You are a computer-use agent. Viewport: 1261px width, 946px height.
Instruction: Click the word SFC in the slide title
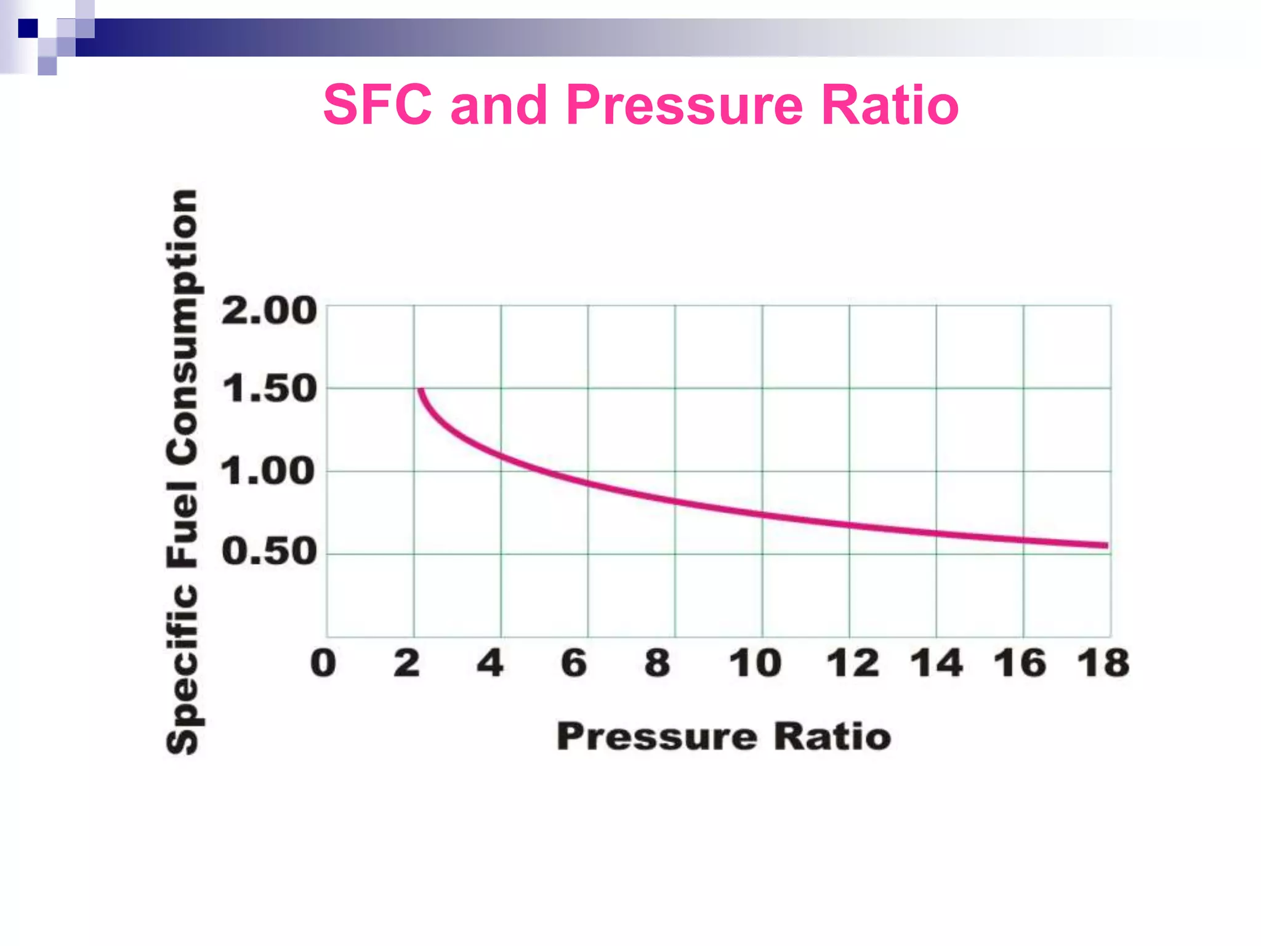point(377,105)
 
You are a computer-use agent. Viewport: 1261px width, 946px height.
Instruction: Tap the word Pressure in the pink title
point(684,105)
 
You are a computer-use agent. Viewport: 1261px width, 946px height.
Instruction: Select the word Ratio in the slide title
point(890,105)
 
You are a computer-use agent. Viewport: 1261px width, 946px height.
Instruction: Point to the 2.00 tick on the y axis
point(269,310)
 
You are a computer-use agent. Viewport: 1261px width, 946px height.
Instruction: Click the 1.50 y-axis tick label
point(269,389)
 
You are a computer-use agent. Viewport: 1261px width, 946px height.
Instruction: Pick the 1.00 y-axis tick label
point(268,472)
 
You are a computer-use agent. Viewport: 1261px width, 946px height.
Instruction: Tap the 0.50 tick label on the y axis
point(269,551)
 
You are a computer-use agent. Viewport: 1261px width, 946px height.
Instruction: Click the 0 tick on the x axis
point(323,663)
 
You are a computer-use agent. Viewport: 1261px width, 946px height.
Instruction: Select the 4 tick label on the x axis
point(491,663)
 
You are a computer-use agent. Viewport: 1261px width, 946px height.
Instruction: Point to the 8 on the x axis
point(657,663)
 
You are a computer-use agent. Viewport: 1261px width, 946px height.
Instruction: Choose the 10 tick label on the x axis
point(755,663)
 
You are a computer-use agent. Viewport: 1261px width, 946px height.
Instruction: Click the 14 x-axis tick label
point(936,663)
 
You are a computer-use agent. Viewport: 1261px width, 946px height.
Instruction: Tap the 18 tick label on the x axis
point(1103,663)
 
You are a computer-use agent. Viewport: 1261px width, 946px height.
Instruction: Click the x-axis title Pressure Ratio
point(723,736)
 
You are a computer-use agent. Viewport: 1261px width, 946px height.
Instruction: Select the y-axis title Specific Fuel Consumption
point(182,471)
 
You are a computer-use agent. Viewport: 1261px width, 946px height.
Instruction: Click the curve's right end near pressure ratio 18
point(1105,545)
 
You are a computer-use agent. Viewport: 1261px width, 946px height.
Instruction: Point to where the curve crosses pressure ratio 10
point(762,514)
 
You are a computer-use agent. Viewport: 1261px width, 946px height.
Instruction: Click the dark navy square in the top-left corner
point(28,28)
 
